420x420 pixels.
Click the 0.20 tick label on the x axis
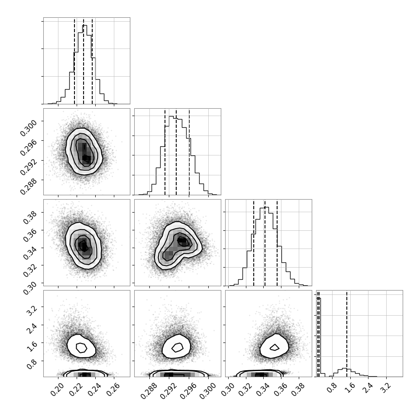pyautogui.click(x=57, y=389)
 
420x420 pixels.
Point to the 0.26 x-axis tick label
pyautogui.click(x=113, y=389)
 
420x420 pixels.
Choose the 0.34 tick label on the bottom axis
pyautogui.click(x=262, y=389)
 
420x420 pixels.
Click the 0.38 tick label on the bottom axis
pyautogui.click(x=297, y=389)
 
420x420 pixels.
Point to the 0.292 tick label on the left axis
pyautogui.click(x=28, y=167)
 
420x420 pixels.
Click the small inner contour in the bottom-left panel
pyautogui.click(x=81, y=348)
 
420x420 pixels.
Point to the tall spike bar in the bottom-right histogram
pyautogui.click(x=319, y=337)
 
